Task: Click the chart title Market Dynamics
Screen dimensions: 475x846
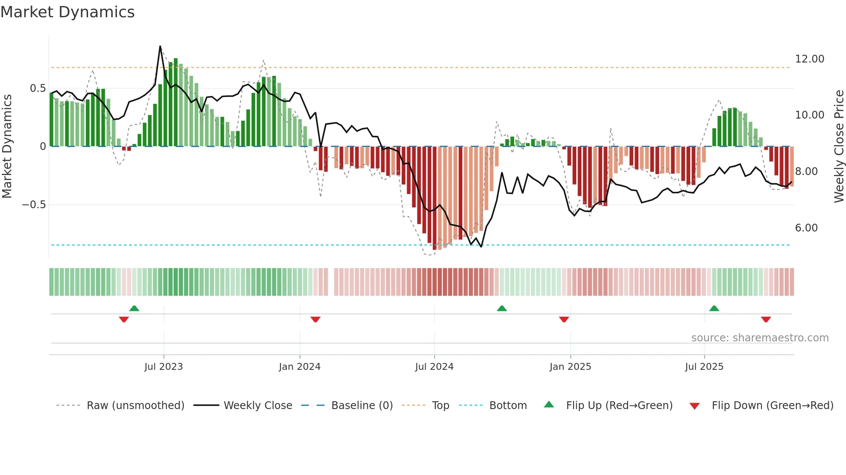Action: [67, 12]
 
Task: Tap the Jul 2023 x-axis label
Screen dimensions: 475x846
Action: [164, 367]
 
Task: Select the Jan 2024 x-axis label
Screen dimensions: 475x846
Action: [300, 367]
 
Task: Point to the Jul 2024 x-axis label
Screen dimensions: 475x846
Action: [434, 367]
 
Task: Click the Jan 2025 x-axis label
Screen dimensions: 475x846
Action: [570, 367]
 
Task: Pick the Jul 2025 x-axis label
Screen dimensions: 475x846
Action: [704, 367]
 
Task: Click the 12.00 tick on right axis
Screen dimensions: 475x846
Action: [809, 59]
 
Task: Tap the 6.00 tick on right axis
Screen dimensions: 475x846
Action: [806, 228]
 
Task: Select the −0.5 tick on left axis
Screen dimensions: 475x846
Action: [34, 205]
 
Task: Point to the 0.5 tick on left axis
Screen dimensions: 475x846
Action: [38, 88]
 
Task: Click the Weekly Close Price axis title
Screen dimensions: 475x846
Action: [839, 147]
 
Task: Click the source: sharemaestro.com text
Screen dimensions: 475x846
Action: [760, 338]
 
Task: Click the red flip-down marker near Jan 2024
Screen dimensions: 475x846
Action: [316, 319]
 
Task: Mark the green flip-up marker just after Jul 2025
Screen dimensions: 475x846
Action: [714, 308]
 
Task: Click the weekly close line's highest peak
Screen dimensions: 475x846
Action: [160, 46]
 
